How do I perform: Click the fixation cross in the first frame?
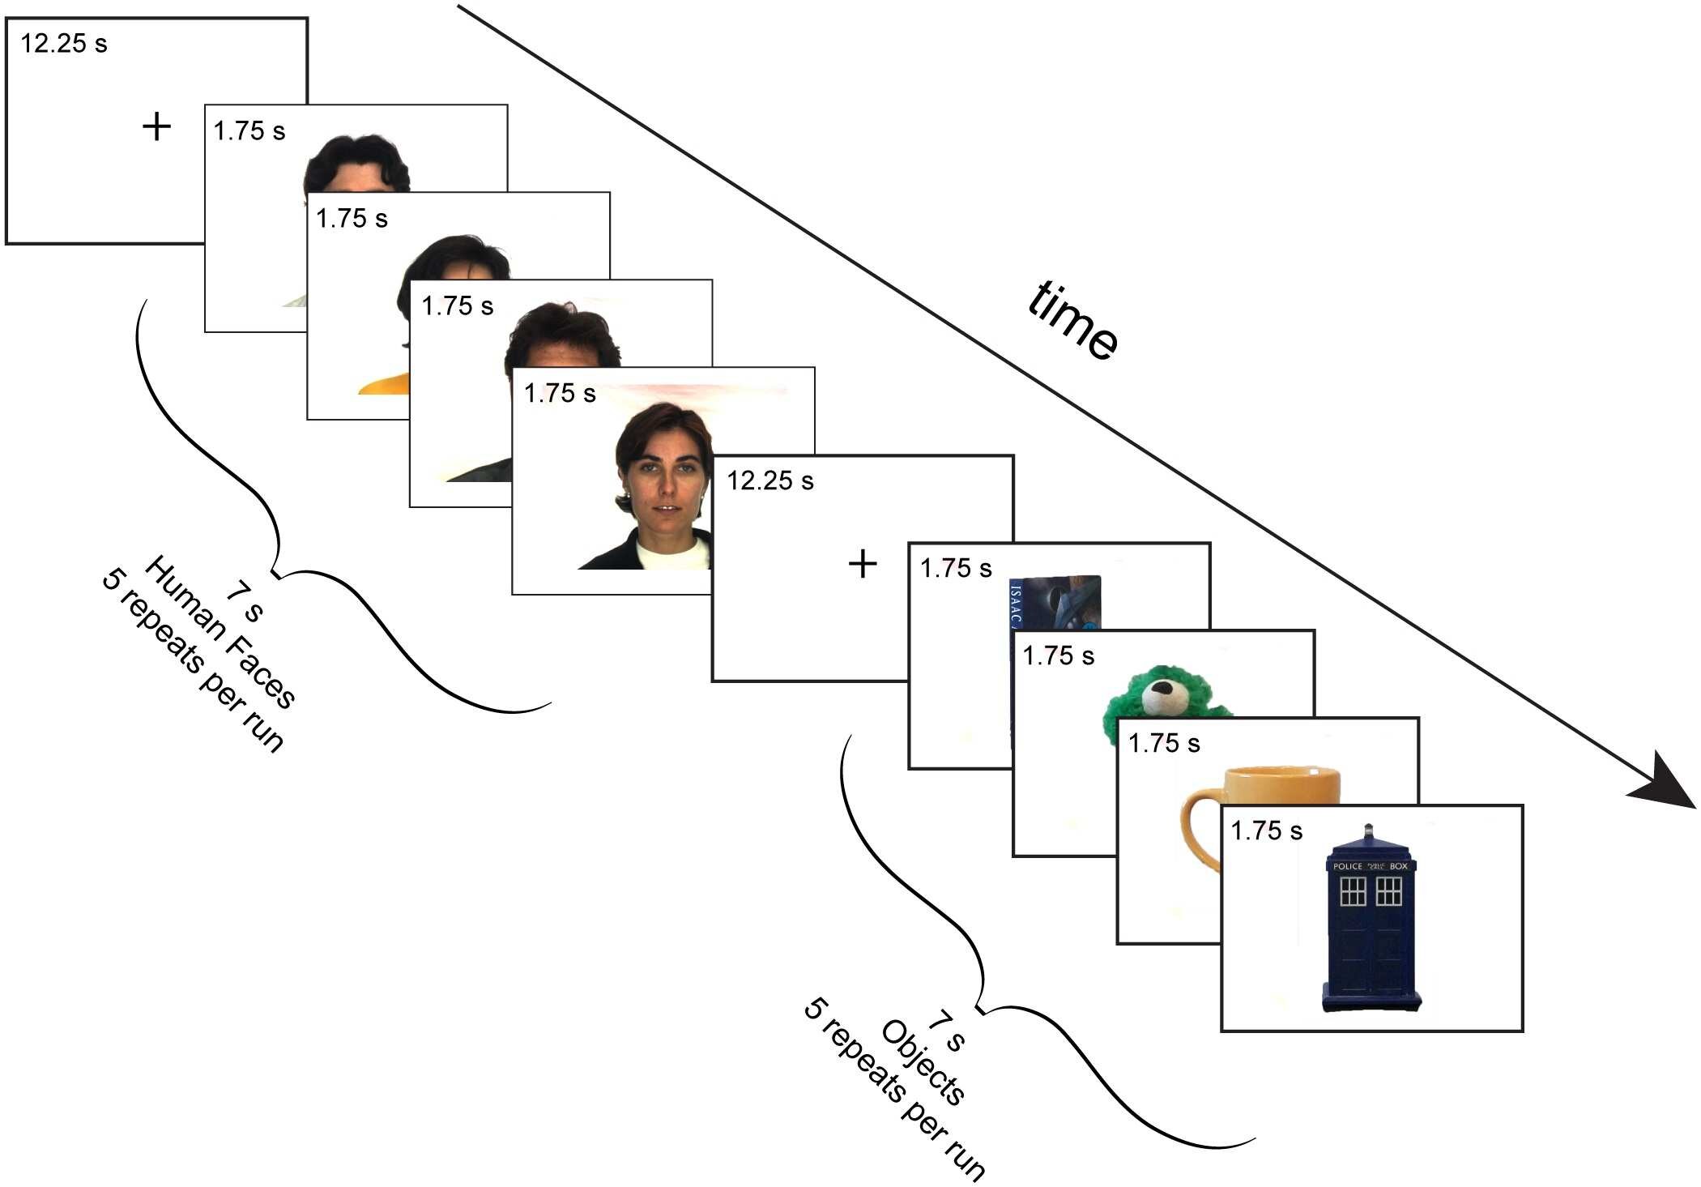[x=156, y=127]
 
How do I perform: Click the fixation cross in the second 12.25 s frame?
[x=863, y=564]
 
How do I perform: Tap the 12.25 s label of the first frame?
[x=63, y=44]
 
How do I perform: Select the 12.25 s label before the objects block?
[x=769, y=481]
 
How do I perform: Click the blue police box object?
[x=1371, y=932]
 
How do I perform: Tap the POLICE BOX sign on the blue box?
[x=1371, y=866]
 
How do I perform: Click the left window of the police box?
[x=1353, y=891]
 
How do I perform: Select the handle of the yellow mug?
[x=1195, y=830]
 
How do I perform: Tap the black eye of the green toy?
[x=1163, y=690]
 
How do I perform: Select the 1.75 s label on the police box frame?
[x=1266, y=831]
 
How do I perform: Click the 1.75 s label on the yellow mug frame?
[x=1163, y=744]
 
